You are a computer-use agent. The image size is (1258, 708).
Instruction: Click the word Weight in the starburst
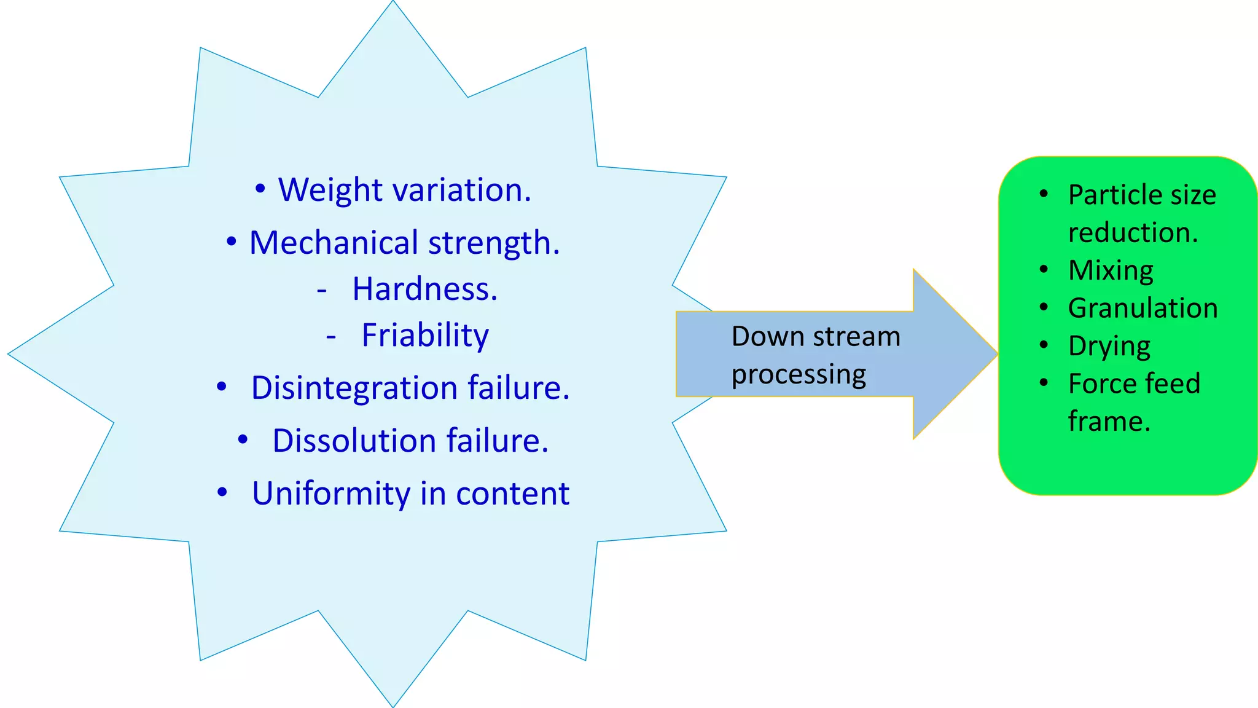330,191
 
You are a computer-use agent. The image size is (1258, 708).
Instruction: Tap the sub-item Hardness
424,289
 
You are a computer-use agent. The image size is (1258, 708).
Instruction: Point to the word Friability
425,336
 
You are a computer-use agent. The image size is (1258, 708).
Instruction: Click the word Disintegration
354,388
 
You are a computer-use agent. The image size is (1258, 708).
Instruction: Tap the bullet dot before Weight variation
260,189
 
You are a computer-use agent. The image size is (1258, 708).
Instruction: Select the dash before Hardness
322,289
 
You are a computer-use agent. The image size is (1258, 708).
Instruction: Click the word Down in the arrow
768,337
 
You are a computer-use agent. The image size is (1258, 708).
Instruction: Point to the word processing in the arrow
799,375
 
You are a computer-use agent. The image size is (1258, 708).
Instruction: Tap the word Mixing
1111,270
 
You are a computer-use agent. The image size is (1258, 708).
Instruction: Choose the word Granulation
1143,308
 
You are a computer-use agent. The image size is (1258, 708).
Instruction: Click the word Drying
1109,347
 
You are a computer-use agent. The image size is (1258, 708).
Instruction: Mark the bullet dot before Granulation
1044,307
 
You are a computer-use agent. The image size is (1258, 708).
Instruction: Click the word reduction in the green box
1133,233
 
